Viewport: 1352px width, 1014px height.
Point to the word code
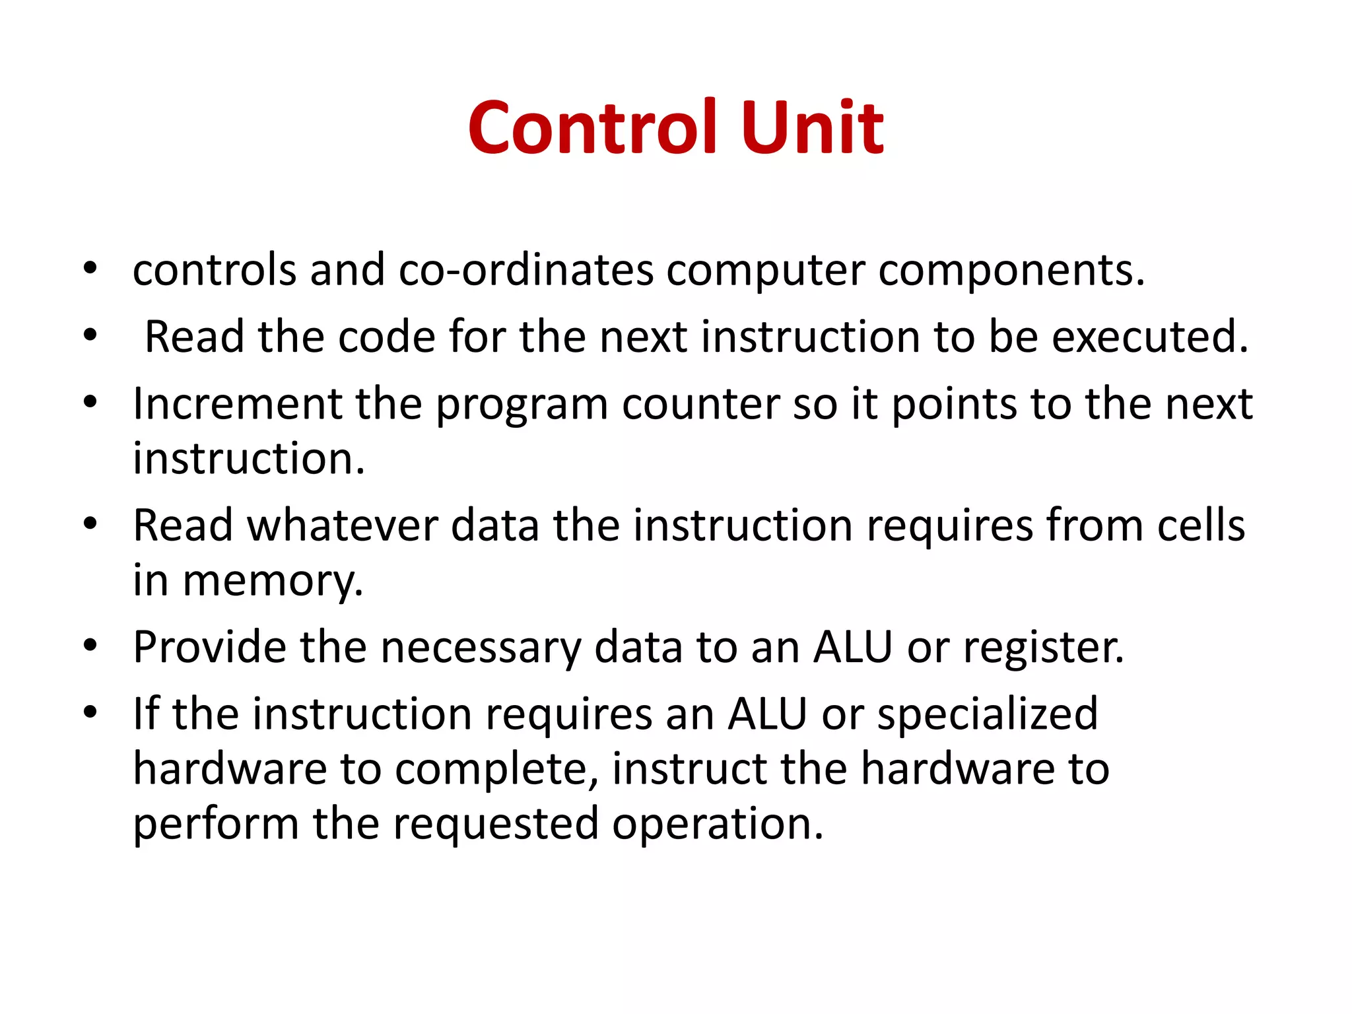click(386, 337)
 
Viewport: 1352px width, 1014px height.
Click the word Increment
click(237, 403)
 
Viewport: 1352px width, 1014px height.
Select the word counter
click(700, 403)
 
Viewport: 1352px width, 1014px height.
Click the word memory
click(273, 581)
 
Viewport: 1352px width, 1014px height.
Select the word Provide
click(209, 647)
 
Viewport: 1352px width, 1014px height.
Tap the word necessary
click(480, 647)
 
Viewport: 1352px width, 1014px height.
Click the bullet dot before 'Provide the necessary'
click(90, 646)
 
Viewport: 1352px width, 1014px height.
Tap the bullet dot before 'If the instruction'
click(90, 712)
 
